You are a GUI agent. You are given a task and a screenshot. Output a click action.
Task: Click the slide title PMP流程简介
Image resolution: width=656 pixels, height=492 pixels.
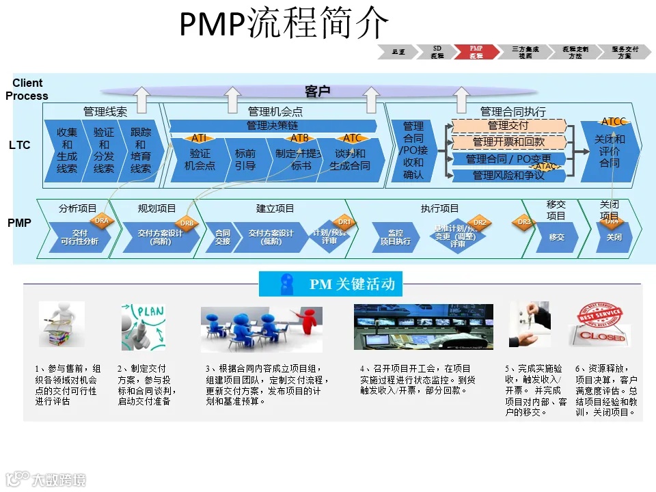pyautogui.click(x=284, y=24)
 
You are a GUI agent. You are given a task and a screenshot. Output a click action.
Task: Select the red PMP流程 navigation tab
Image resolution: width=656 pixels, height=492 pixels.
pyautogui.click(x=476, y=52)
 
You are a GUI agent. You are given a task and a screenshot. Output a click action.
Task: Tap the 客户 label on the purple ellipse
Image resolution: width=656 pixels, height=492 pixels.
pyautogui.click(x=317, y=91)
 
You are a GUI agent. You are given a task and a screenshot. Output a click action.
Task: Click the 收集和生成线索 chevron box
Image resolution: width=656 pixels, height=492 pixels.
pyautogui.click(x=66, y=150)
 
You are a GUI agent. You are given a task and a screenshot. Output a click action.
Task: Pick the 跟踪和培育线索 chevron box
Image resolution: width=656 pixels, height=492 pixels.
pyautogui.click(x=140, y=150)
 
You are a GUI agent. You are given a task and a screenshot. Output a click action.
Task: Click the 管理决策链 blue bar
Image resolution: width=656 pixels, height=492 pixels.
pyautogui.click(x=272, y=126)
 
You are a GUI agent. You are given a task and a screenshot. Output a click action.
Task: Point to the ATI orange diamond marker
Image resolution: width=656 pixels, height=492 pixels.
pyautogui.click(x=199, y=138)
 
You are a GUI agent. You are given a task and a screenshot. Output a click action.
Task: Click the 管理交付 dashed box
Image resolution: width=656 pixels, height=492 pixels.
pyautogui.click(x=508, y=126)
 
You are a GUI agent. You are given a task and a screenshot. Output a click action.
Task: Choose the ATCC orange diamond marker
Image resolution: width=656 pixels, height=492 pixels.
pyautogui.click(x=613, y=122)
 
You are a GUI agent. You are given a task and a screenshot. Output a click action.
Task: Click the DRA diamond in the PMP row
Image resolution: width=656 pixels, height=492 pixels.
pyautogui.click(x=101, y=221)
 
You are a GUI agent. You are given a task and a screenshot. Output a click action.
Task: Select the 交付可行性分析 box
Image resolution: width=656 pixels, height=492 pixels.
pyautogui.click(x=79, y=237)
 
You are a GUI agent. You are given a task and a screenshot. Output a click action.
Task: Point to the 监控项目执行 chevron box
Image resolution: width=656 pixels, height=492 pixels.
pyautogui.click(x=395, y=237)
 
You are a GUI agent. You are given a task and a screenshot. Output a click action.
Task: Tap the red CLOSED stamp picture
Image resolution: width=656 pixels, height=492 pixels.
pyautogui.click(x=601, y=325)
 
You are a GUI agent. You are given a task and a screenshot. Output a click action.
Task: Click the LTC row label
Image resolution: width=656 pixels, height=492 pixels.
pyautogui.click(x=20, y=146)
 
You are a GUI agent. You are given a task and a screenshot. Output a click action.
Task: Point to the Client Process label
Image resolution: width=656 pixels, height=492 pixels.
pyautogui.click(x=27, y=90)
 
